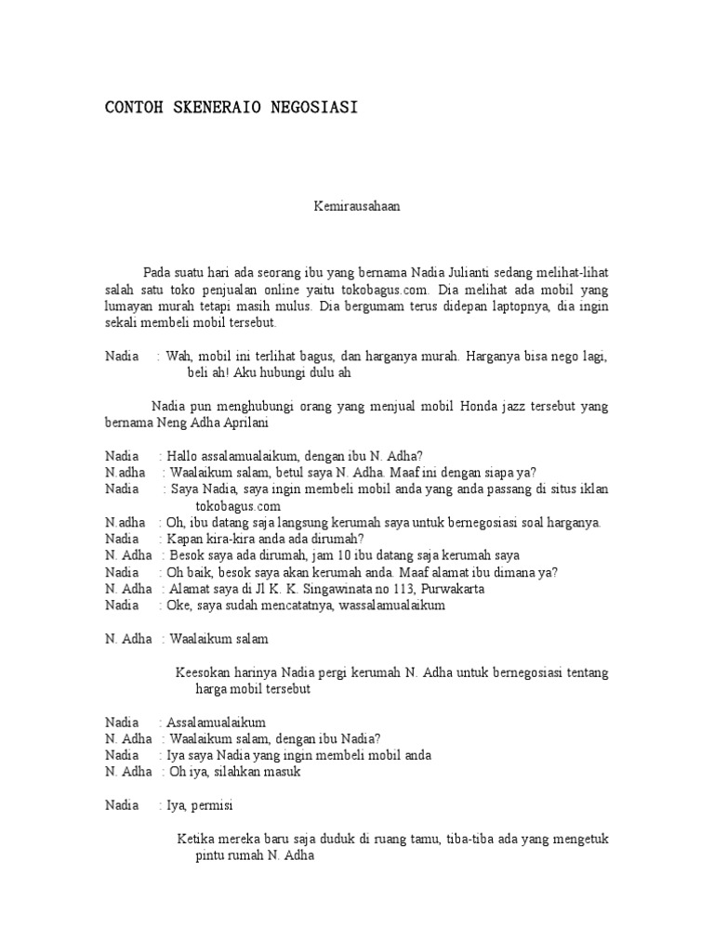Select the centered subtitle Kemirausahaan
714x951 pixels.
356,207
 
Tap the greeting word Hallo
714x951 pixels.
183,456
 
